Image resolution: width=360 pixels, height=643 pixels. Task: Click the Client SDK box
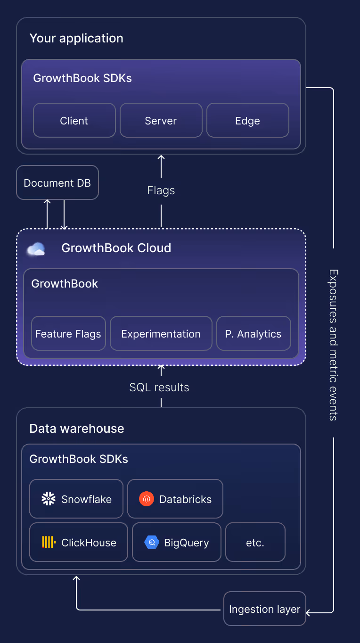click(74, 121)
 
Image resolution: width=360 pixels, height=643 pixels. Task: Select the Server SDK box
click(161, 121)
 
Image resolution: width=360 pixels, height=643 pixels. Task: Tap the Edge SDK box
click(247, 121)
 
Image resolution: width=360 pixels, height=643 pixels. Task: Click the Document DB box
click(57, 182)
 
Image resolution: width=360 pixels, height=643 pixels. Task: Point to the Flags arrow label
click(161, 190)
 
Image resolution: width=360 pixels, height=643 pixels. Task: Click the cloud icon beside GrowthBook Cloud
click(36, 249)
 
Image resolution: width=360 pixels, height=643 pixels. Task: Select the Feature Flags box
click(68, 334)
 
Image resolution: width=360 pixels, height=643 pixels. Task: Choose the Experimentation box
click(161, 334)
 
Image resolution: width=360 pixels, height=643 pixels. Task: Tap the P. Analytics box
click(254, 334)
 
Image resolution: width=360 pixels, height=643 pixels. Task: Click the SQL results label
click(159, 387)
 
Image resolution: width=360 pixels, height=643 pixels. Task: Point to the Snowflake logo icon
click(49, 499)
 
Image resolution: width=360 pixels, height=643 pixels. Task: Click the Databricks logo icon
click(147, 499)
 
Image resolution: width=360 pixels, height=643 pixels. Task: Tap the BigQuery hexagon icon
click(152, 543)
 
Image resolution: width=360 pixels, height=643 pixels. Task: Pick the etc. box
click(255, 543)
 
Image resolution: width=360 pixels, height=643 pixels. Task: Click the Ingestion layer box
click(264, 609)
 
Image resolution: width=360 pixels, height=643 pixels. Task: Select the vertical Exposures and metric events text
click(334, 345)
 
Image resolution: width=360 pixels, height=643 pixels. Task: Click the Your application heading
click(76, 38)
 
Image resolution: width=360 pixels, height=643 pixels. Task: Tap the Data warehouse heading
click(77, 429)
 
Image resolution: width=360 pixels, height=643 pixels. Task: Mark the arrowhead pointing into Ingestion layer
click(309, 613)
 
